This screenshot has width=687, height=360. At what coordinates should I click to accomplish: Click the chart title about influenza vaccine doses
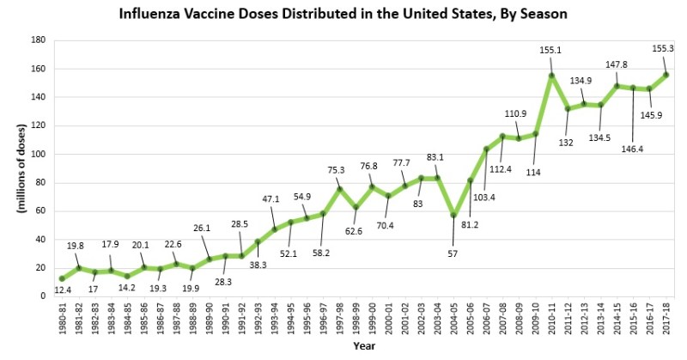point(343,15)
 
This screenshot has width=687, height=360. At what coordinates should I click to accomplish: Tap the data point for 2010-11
point(551,76)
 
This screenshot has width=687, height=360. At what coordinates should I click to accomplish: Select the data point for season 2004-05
point(453,215)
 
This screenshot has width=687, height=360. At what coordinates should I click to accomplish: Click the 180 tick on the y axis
point(38,40)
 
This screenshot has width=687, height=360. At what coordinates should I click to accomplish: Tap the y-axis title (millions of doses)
point(15,168)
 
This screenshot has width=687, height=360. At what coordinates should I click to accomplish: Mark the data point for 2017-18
point(666,76)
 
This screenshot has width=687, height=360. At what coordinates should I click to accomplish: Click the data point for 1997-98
point(339,188)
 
